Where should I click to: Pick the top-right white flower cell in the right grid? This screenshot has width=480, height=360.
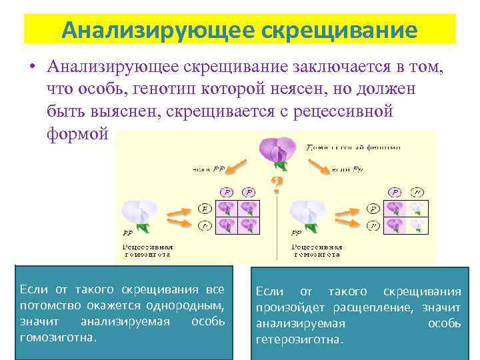(416, 208)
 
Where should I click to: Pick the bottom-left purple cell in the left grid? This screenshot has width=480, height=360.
(229, 225)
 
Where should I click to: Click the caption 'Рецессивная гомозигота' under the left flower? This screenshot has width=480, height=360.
(147, 250)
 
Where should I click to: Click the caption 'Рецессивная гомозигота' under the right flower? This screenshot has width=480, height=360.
(316, 250)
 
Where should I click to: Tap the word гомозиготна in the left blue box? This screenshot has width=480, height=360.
(58, 337)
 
